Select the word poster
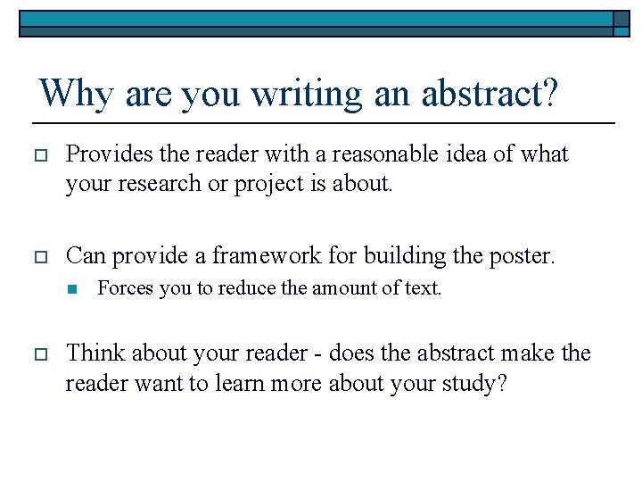521,256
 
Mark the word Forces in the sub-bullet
120,288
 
